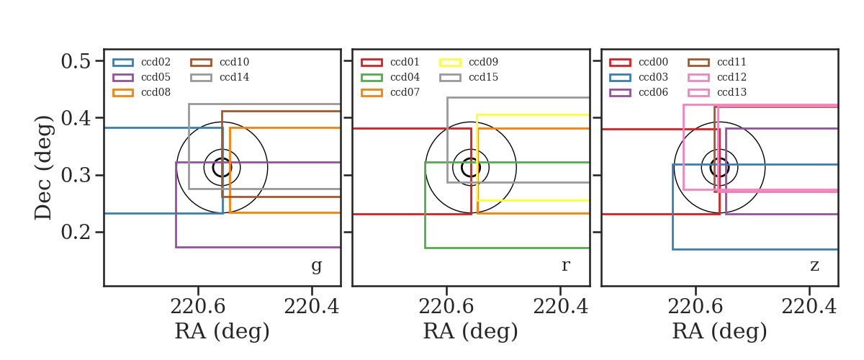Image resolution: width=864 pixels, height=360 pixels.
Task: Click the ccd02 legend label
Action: [156, 62]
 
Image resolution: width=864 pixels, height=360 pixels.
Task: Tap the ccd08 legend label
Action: [156, 92]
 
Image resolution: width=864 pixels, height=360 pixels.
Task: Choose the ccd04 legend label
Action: [405, 77]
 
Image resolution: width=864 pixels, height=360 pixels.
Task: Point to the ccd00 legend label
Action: [653, 62]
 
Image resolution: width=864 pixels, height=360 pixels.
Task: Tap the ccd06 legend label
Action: [653, 92]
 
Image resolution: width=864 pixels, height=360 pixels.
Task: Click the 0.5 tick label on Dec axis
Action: [76, 61]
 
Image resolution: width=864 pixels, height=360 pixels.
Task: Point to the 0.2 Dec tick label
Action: [76, 233]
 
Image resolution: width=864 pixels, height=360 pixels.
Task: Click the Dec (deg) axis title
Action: [42, 168]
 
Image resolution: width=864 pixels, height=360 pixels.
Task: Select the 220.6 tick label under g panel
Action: [198, 307]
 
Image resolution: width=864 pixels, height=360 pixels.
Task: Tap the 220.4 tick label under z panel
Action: [809, 307]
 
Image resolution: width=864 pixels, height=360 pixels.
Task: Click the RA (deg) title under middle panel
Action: [471, 331]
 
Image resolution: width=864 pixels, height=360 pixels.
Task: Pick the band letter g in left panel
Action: [316, 266]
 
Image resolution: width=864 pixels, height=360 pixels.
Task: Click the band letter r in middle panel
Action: [565, 266]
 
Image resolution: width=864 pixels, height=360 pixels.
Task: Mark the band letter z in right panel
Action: [814, 266]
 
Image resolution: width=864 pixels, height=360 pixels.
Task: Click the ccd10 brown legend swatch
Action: [201, 63]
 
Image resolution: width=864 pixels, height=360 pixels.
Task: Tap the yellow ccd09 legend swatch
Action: [450, 63]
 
